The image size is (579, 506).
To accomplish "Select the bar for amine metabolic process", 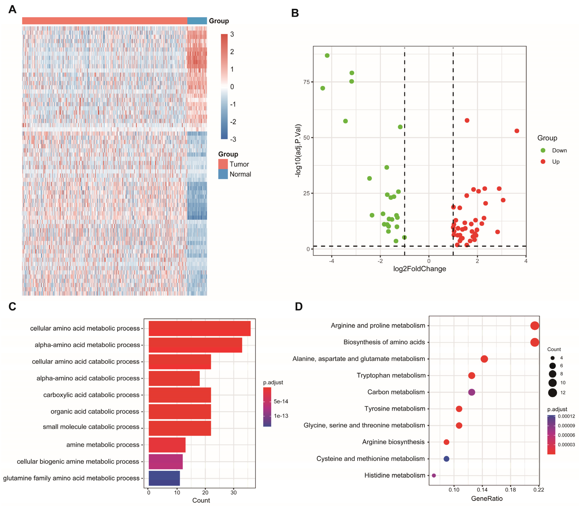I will (167, 445).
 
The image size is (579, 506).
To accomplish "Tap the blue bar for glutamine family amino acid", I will (164, 478).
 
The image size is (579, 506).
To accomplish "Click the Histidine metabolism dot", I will (434, 476).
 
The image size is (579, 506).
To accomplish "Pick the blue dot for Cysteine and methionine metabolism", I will (446, 459).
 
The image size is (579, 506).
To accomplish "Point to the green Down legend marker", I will (543, 151).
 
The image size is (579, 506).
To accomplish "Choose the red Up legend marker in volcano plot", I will (543, 162).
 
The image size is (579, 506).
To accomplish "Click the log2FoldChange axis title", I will (419, 269).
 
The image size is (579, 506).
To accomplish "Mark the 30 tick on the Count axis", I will (233, 493).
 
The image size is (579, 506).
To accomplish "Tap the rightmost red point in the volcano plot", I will (517, 131).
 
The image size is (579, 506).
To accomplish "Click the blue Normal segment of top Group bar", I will (197, 21).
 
